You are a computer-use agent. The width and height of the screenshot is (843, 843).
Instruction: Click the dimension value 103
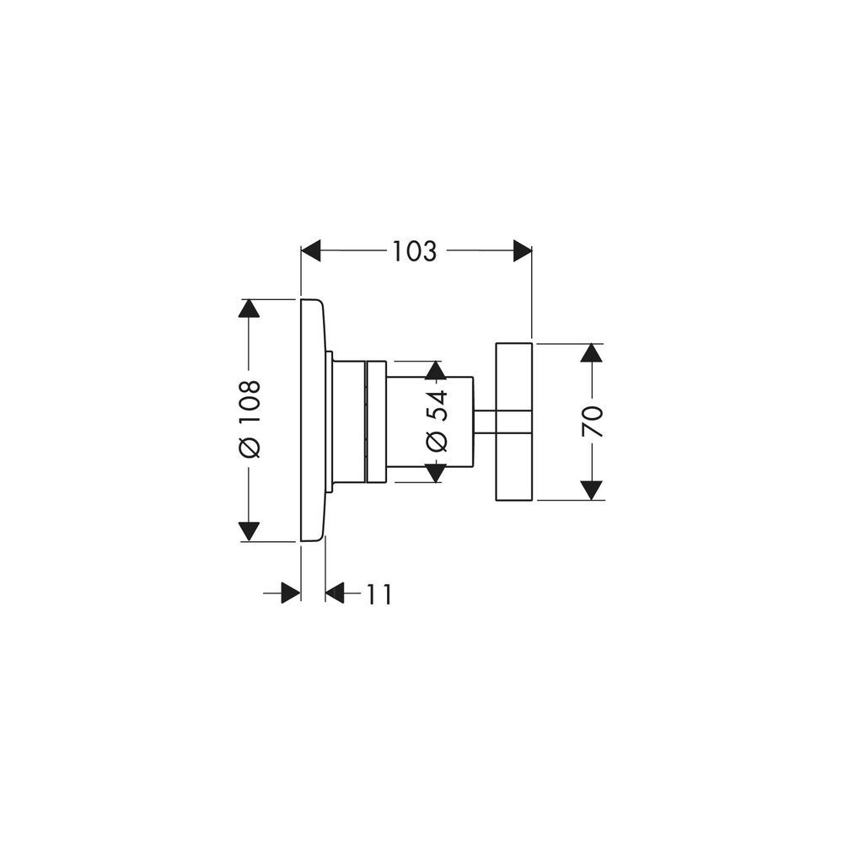pyautogui.click(x=414, y=251)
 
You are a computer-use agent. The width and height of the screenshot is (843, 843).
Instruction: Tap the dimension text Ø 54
pyautogui.click(x=437, y=421)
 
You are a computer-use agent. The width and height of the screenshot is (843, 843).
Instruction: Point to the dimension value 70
pyautogui.click(x=592, y=421)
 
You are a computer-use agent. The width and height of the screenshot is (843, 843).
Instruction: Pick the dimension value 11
pyautogui.click(x=379, y=594)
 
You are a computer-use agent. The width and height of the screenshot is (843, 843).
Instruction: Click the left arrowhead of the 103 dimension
pyautogui.click(x=311, y=250)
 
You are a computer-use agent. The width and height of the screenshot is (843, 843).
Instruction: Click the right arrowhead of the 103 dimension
pyautogui.click(x=523, y=250)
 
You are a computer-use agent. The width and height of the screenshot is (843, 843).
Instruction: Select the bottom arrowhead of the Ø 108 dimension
pyautogui.click(x=249, y=531)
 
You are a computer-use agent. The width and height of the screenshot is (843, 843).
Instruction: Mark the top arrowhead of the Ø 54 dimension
pyautogui.click(x=437, y=371)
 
